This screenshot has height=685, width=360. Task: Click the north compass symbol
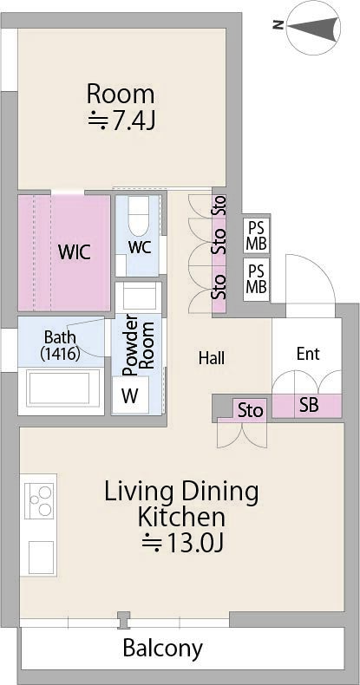311,27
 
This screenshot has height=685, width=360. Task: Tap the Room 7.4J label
121,108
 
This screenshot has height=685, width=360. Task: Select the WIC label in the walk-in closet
75,252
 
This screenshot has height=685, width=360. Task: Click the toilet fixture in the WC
139,215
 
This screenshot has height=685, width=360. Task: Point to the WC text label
140,247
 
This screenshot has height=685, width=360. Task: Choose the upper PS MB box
257,236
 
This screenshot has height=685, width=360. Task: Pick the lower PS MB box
257,279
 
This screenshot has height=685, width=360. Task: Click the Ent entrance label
308,354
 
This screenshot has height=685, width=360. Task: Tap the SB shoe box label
309,406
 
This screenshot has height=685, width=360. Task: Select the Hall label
212,358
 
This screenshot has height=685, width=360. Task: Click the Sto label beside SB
251,411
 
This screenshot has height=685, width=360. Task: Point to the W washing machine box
130,395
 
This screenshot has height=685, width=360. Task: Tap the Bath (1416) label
61,346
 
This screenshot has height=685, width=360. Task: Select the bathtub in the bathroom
61,389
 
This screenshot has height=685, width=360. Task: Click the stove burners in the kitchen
39,500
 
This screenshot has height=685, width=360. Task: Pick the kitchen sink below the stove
41,558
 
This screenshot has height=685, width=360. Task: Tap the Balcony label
162,649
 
